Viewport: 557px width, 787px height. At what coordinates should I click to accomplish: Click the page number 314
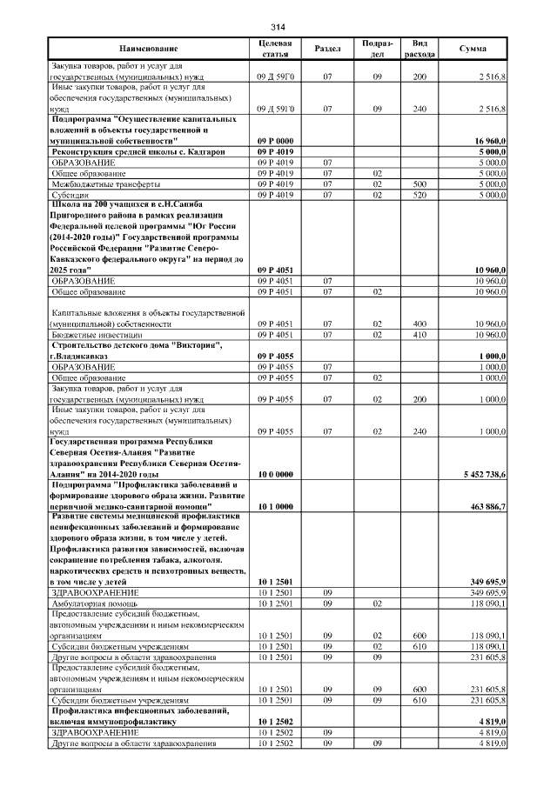tap(278, 24)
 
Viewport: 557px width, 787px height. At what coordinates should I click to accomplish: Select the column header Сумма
tap(473, 50)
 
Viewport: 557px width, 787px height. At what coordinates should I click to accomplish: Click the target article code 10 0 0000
tap(275, 475)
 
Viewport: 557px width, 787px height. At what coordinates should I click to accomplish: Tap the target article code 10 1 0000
tap(275, 506)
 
